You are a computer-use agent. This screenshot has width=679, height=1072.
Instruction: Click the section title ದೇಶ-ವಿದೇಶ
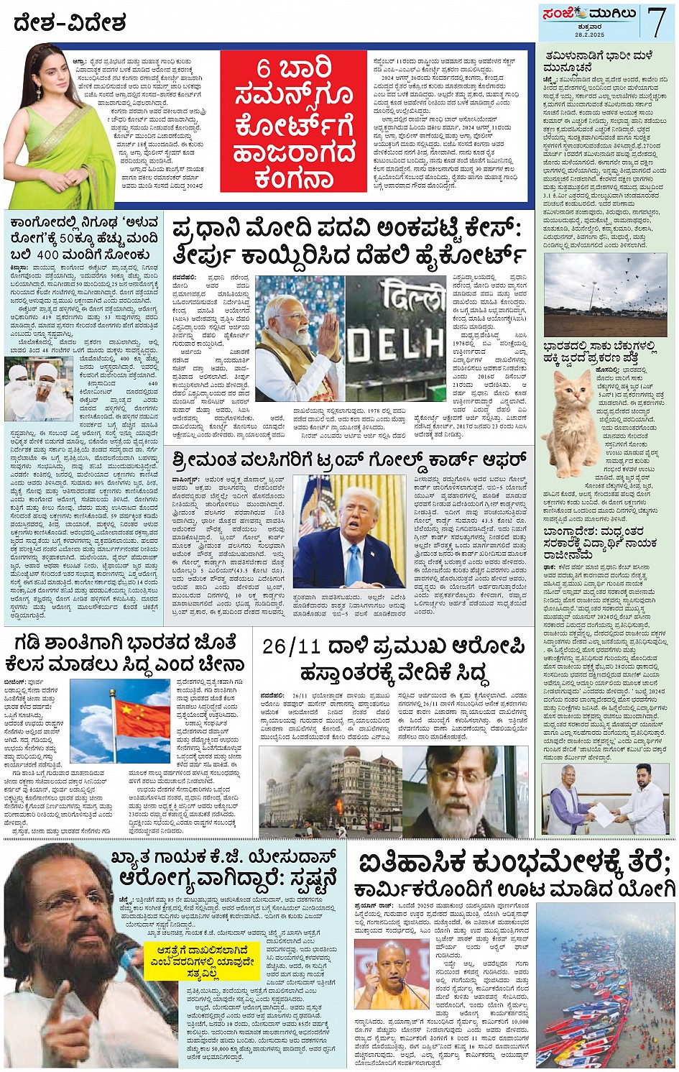(x=69, y=24)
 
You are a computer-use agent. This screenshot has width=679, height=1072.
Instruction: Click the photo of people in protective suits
(x=39, y=390)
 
